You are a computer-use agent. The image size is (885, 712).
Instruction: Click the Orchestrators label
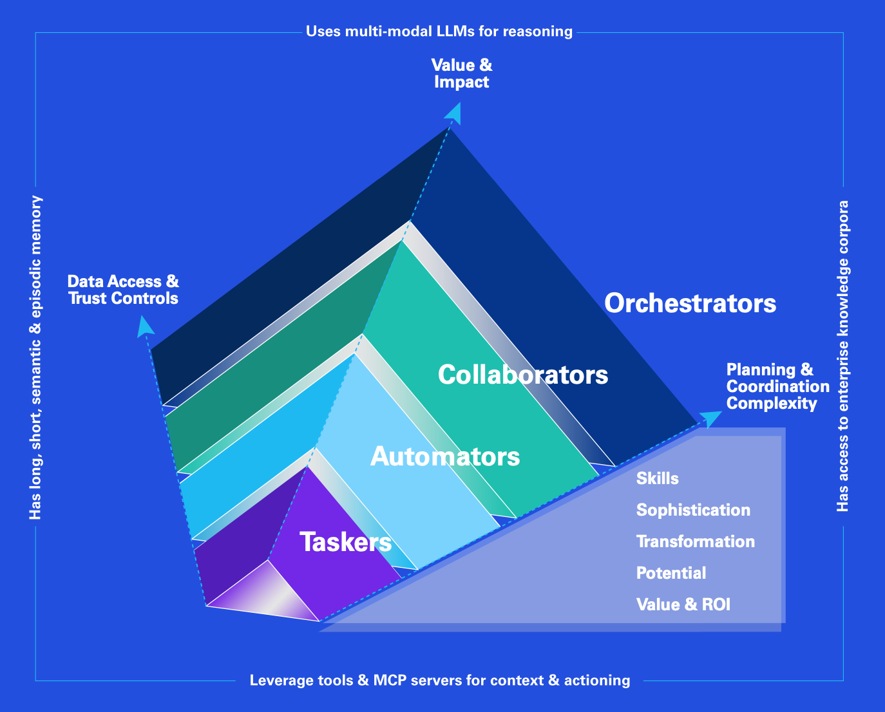(690, 303)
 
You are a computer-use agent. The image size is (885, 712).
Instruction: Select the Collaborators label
(522, 374)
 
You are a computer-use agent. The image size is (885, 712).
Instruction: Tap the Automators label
(445, 456)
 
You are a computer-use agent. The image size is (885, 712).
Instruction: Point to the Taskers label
(346, 542)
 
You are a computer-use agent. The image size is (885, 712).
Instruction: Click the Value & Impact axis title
(461, 73)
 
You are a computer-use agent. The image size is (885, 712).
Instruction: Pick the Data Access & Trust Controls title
(123, 290)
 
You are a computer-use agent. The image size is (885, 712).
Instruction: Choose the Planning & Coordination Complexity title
(777, 386)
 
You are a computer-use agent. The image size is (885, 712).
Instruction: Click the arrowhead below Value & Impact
(453, 114)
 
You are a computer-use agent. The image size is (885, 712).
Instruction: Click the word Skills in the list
(657, 478)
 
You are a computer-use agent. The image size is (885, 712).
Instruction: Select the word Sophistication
(693, 510)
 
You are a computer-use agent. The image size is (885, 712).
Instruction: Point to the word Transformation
(695, 541)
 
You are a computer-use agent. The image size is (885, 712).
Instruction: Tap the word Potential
(671, 573)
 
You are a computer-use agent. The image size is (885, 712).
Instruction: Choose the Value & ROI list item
(683, 604)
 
